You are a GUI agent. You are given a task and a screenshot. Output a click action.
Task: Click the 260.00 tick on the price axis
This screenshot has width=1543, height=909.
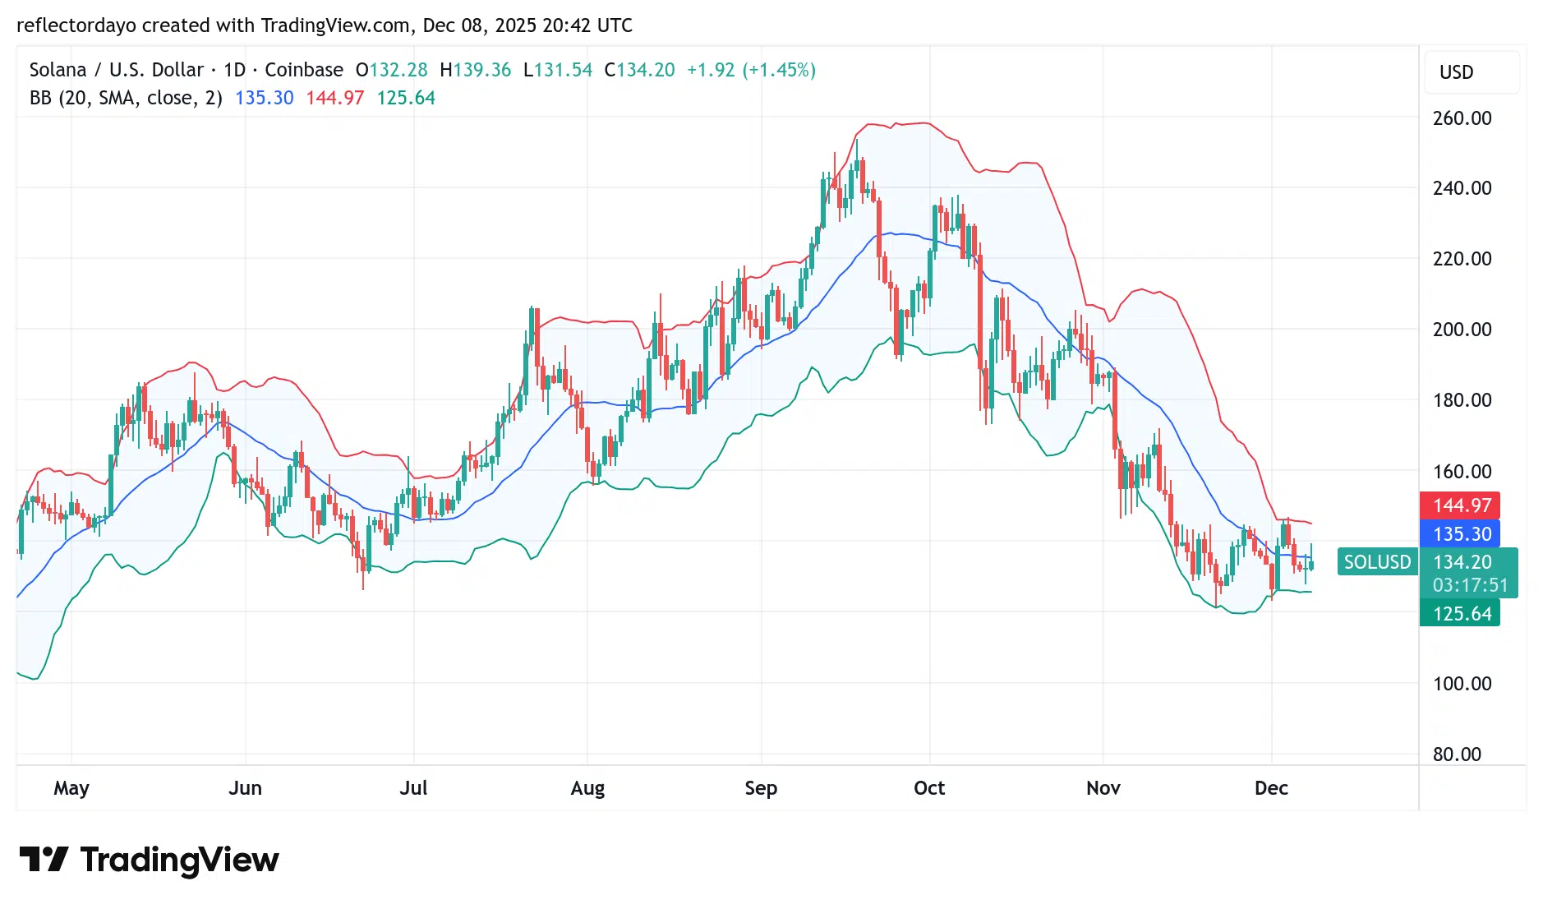[1462, 118]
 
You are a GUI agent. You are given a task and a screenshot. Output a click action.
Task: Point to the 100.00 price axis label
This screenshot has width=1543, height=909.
[1462, 684]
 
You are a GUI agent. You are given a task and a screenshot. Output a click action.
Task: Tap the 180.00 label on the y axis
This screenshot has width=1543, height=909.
[1462, 400]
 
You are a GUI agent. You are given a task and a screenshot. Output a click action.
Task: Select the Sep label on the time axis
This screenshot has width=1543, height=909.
[761, 788]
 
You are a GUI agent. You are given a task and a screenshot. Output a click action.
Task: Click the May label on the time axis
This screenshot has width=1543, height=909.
[71, 788]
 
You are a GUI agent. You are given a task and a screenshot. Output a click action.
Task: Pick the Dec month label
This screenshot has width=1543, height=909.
[1271, 788]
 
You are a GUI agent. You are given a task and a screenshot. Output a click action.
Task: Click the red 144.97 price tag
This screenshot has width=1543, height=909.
[1460, 505]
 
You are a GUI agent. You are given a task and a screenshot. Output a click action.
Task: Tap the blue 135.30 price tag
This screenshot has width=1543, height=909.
[1460, 534]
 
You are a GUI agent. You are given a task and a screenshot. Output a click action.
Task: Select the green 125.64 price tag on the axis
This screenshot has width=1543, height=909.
[1460, 614]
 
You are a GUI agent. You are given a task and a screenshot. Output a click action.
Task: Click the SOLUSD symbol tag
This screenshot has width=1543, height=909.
[1377, 562]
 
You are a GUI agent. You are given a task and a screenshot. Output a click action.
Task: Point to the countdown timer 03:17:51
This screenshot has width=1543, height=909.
[1470, 585]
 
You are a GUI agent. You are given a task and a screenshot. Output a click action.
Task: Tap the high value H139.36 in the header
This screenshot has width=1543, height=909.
[475, 70]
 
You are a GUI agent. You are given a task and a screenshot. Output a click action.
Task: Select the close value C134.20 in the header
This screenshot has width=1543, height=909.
[639, 70]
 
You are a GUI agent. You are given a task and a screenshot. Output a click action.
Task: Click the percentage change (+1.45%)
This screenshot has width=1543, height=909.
[779, 70]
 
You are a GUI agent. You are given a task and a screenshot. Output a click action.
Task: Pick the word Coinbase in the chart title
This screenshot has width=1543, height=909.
[304, 70]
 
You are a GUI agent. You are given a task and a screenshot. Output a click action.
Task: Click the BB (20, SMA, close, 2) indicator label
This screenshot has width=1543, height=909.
[126, 98]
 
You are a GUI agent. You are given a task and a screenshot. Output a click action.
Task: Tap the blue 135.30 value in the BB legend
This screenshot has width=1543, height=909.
[264, 98]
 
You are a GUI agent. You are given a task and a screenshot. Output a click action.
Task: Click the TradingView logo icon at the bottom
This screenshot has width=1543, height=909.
[44, 860]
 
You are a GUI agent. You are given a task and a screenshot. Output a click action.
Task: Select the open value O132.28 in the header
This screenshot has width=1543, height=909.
[391, 70]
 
